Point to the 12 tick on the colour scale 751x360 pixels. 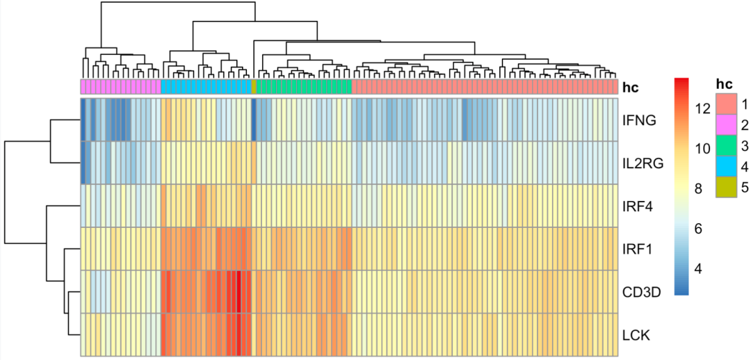pos(702,108)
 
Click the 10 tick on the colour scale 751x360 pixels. pos(702,149)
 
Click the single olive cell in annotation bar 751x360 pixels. pos(254,87)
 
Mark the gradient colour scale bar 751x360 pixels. pos(682,186)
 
